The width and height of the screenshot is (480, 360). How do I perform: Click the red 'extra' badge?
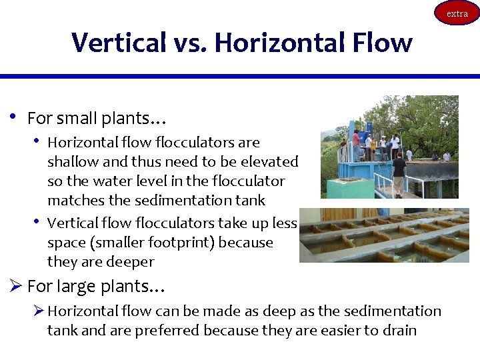tap(457, 13)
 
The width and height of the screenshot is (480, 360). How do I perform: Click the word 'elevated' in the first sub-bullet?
tap(271, 161)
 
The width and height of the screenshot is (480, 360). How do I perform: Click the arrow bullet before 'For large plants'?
tap(16, 287)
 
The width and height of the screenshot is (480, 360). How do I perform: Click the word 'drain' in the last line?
tap(399, 330)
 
